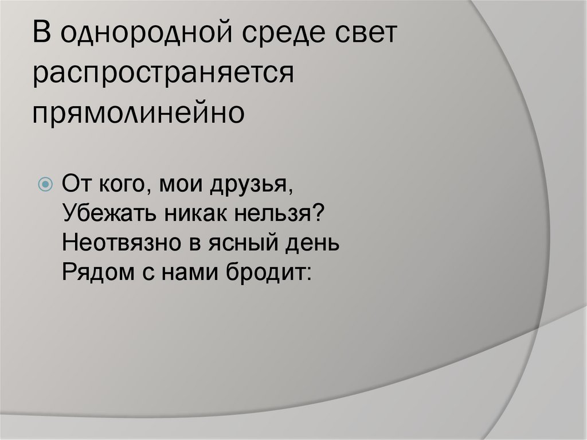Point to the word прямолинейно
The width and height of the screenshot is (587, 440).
138,111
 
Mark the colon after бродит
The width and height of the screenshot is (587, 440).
307,273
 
